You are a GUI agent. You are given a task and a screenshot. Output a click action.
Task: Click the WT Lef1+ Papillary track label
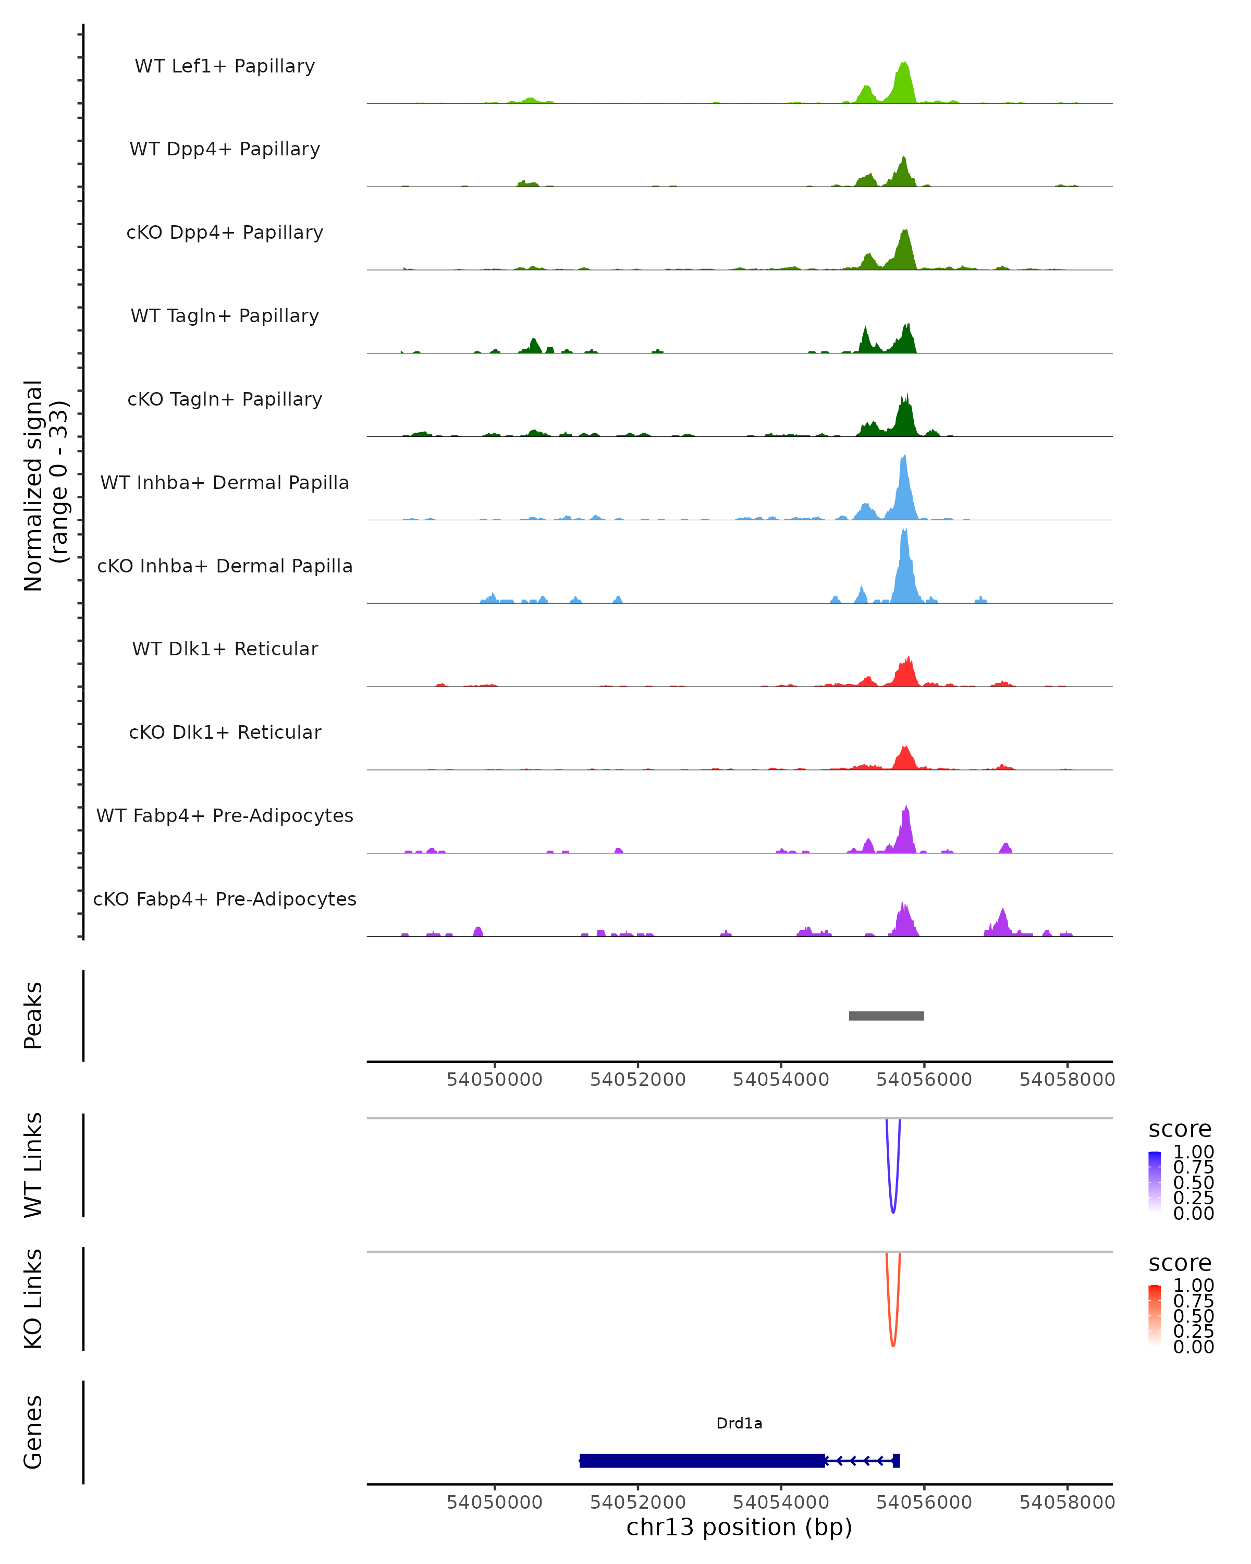(x=225, y=66)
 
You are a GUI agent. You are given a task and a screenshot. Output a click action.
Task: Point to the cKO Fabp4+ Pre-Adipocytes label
(x=225, y=899)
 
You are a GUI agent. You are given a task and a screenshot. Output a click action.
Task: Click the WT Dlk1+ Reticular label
(x=225, y=649)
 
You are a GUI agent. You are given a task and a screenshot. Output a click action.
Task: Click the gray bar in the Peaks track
(x=886, y=1016)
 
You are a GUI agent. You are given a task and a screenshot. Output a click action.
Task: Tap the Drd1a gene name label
(x=739, y=1423)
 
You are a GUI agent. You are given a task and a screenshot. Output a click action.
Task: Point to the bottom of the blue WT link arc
(x=893, y=1212)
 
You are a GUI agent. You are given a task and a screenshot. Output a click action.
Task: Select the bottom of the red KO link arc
(x=893, y=1346)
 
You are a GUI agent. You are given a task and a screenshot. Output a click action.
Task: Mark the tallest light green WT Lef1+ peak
(x=904, y=65)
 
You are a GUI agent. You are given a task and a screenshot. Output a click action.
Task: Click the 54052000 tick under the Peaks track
(x=638, y=1080)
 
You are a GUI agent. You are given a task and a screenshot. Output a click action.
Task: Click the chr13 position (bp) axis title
(x=739, y=1527)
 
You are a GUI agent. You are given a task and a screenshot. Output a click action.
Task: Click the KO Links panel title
(x=33, y=1299)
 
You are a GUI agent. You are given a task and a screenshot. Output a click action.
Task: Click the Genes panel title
(x=33, y=1432)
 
